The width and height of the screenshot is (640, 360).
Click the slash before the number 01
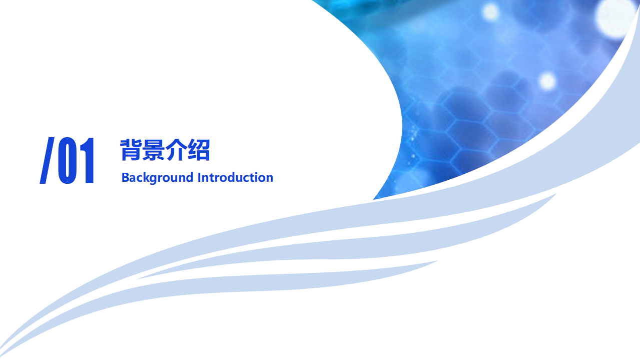pyautogui.click(x=47, y=160)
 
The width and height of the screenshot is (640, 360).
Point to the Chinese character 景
pyautogui.click(x=154, y=150)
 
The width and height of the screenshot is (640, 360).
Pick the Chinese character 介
pyautogui.click(x=176, y=150)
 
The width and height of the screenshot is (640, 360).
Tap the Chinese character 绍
pyautogui.click(x=199, y=150)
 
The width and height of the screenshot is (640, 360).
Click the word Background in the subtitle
pyautogui.click(x=158, y=178)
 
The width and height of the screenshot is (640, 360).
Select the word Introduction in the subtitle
pyautogui.click(x=235, y=177)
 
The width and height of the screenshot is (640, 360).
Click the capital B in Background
pyautogui.click(x=126, y=178)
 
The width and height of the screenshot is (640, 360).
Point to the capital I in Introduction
pyautogui.click(x=199, y=178)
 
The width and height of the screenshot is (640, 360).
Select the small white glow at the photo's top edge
pyautogui.click(x=490, y=12)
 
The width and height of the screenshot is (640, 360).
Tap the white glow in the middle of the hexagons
pyautogui.click(x=547, y=81)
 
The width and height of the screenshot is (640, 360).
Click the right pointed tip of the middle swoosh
pyautogui.click(x=556, y=194)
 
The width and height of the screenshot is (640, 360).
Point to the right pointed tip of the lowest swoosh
pyautogui.click(x=438, y=260)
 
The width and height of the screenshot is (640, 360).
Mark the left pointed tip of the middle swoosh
pyautogui.click(x=137, y=279)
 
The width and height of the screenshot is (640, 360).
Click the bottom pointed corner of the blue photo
pyautogui.click(x=373, y=200)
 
